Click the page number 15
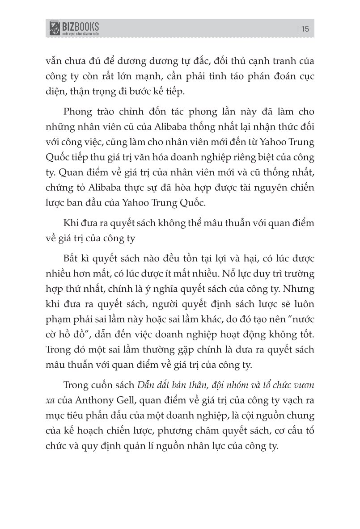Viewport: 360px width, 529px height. tap(305, 29)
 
